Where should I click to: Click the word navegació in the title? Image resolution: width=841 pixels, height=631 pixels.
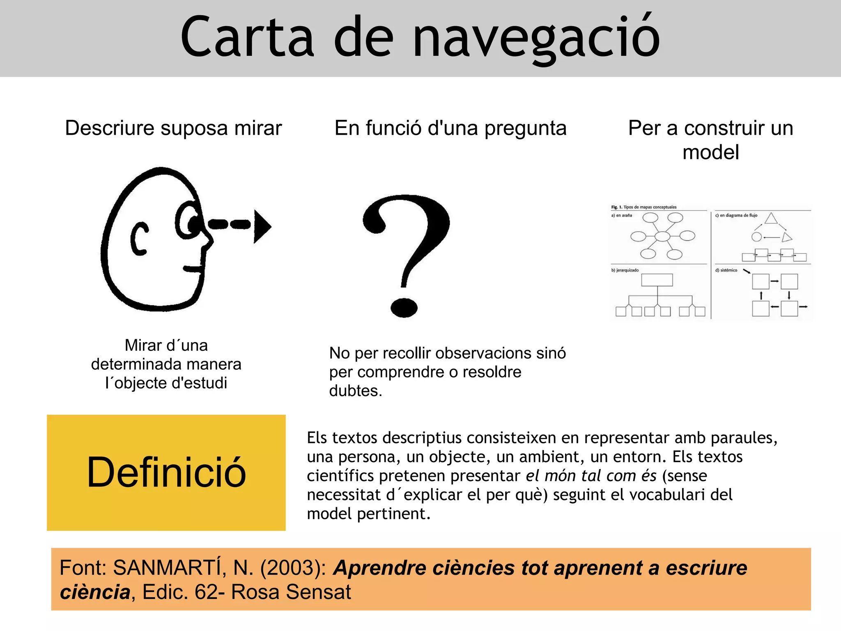coord(535,38)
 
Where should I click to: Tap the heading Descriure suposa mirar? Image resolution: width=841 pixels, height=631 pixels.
coord(173,128)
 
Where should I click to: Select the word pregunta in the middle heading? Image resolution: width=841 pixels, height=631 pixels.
coord(525,129)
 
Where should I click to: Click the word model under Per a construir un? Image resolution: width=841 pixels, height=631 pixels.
coord(710,152)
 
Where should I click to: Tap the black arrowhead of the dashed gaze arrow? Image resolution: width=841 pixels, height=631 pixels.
coord(262,226)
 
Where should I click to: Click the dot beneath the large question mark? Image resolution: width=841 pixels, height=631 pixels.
coord(404,307)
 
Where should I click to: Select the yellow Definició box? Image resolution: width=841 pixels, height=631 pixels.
coord(166,472)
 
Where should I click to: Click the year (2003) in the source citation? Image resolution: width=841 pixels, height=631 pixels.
coord(293,568)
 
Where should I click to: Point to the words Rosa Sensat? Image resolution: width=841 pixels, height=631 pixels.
coord(291,592)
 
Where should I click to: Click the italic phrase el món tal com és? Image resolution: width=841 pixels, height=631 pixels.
coord(591,476)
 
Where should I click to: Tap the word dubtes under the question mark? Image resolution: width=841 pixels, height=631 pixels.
coord(356,391)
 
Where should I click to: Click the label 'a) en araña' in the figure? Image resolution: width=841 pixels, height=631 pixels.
coord(621,215)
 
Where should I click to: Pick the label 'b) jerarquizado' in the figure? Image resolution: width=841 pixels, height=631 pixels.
coord(625,270)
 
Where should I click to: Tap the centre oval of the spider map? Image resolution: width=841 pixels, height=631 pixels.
coord(662,236)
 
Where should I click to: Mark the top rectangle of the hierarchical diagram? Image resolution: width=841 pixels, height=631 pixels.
coord(657,280)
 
